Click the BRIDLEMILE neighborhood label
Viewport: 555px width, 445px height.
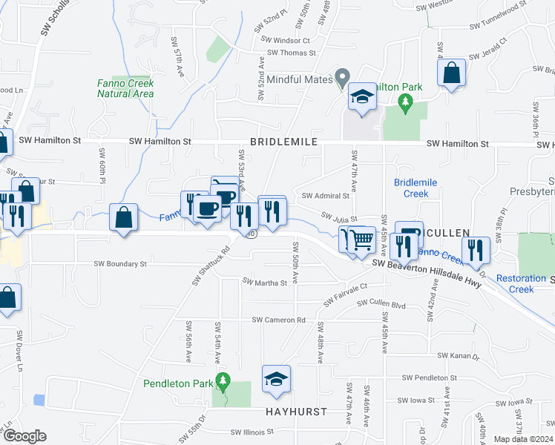click(283, 141)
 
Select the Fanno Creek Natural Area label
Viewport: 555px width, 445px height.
click(125, 88)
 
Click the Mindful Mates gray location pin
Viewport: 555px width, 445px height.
click(342, 76)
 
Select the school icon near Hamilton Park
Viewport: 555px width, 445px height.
click(362, 97)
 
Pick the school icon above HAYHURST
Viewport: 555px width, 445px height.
click(276, 378)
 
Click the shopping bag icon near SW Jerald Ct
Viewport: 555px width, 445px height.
click(450, 73)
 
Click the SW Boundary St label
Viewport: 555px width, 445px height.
click(120, 263)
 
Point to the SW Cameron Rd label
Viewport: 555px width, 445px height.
click(278, 320)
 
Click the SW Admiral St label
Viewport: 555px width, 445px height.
click(325, 196)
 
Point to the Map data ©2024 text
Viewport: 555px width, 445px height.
click(524, 439)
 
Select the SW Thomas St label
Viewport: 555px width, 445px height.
click(292, 53)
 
